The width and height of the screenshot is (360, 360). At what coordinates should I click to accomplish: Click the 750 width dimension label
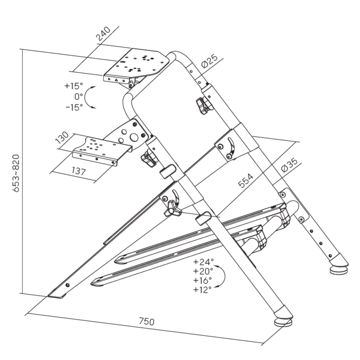(x=147, y=321)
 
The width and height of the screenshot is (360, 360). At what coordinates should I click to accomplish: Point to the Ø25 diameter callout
(x=209, y=61)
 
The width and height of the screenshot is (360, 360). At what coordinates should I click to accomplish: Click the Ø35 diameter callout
(x=289, y=165)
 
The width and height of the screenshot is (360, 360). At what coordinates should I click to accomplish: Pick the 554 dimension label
(x=246, y=181)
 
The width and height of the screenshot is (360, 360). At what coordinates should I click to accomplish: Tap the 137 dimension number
(x=79, y=171)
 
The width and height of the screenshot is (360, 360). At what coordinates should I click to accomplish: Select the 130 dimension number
(x=62, y=137)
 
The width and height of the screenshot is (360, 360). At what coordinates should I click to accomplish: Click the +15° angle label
(x=74, y=86)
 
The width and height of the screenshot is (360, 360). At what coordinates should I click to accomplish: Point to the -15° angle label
(x=74, y=107)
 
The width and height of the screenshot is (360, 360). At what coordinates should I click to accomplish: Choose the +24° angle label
(x=203, y=261)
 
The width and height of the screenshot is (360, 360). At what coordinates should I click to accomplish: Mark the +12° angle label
(x=202, y=290)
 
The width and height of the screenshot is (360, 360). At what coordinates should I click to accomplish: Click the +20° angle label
(x=203, y=271)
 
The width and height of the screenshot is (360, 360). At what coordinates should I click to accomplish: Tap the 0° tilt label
(x=79, y=97)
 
